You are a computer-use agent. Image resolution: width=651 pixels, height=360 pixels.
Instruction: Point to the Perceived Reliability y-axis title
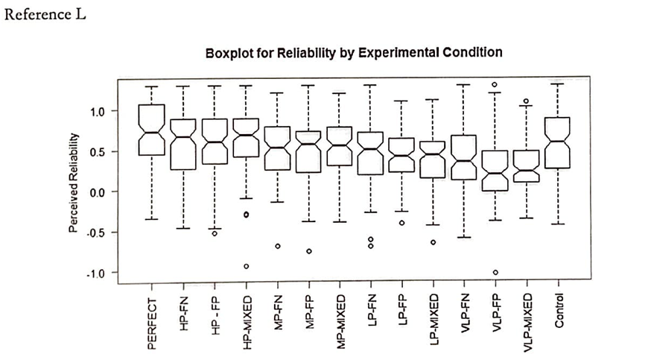[74, 183]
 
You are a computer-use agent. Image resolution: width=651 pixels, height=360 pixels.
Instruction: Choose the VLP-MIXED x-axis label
[527, 320]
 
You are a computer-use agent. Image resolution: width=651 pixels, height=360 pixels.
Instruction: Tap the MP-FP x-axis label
[309, 312]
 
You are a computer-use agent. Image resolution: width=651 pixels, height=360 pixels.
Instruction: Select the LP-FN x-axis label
[371, 312]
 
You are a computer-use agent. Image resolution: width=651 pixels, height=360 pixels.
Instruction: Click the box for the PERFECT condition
[152, 130]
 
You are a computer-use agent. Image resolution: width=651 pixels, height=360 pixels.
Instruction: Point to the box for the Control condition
[559, 142]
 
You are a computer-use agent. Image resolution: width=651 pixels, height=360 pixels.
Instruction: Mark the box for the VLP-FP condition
[495, 171]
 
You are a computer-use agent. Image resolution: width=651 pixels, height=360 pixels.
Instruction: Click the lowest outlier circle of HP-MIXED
[247, 266]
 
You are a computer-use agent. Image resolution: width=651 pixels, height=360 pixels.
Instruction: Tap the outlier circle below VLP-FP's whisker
[495, 272]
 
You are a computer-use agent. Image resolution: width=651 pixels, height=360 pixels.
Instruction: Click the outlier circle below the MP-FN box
[278, 246]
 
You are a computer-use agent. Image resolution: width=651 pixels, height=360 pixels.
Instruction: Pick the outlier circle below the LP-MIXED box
[433, 242]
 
